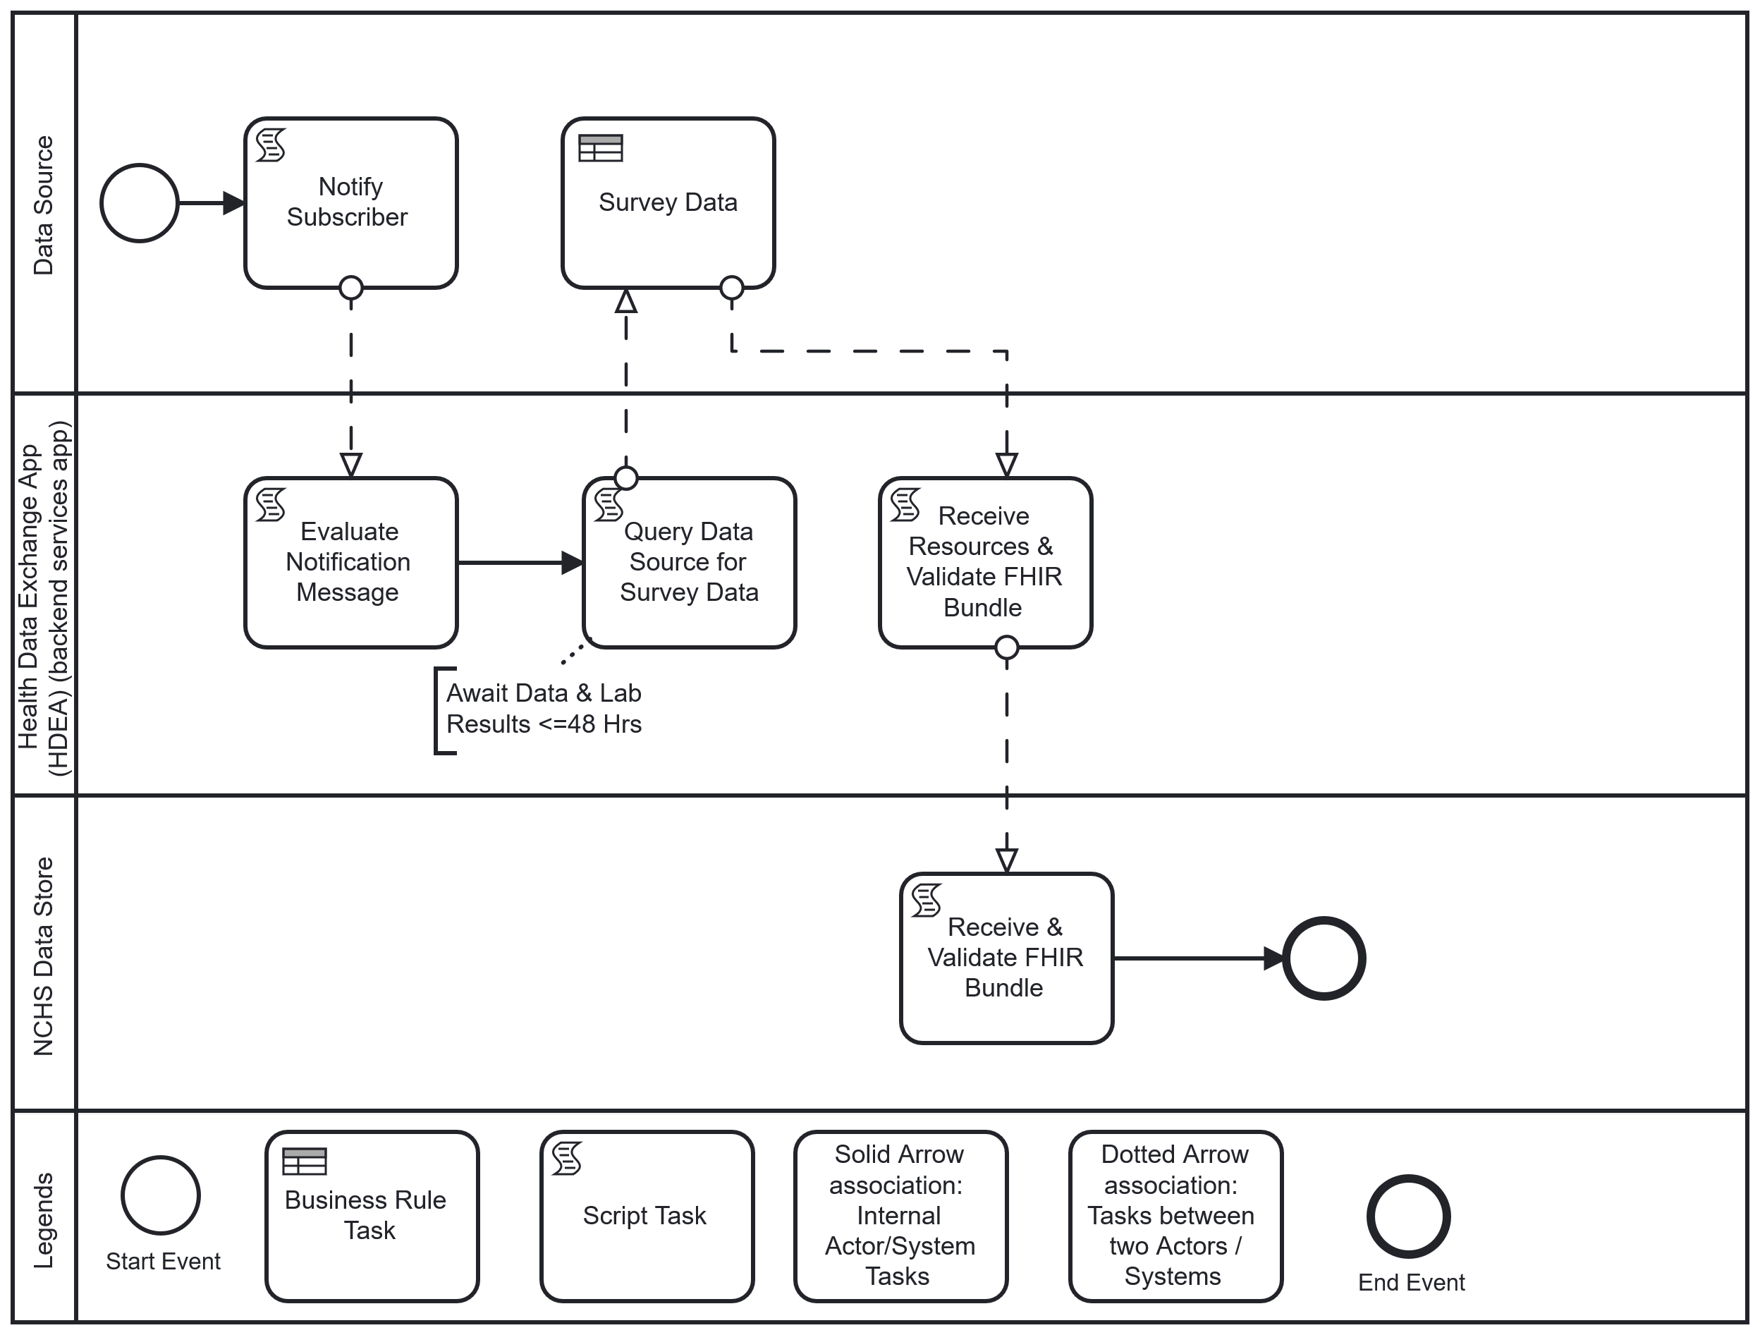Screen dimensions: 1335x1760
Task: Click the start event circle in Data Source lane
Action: (x=139, y=203)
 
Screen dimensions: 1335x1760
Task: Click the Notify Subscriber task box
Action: (x=350, y=203)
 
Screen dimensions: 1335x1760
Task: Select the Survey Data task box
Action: (x=668, y=203)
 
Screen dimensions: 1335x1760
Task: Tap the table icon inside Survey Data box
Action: (x=600, y=148)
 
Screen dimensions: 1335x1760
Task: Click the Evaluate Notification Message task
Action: (x=350, y=563)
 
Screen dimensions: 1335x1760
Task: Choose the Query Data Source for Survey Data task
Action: (x=689, y=563)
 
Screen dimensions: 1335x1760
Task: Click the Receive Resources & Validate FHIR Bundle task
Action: (x=985, y=563)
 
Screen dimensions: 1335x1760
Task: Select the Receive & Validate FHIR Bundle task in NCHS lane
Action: (x=1006, y=958)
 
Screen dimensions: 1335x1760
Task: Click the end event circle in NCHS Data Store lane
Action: (x=1324, y=958)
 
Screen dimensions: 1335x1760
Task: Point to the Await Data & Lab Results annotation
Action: (x=544, y=709)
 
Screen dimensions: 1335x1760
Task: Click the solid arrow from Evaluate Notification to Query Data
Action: (x=517, y=563)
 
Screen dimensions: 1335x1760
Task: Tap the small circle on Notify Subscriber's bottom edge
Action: (x=351, y=287)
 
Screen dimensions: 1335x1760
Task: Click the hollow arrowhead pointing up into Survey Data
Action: (x=626, y=303)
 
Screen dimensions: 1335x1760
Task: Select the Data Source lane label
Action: (x=43, y=205)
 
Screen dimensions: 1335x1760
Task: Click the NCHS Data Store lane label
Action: (x=43, y=956)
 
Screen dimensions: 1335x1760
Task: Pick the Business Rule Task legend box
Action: (x=372, y=1216)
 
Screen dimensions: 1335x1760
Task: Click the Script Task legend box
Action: (x=646, y=1216)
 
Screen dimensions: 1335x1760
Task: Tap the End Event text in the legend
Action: (x=1411, y=1283)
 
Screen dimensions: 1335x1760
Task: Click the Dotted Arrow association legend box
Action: (x=1175, y=1216)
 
